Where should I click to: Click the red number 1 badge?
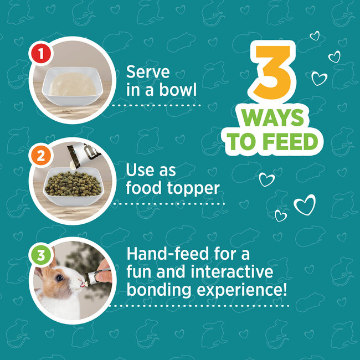click(x=41, y=53)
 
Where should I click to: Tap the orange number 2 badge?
click(x=40, y=156)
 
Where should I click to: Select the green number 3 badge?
click(x=41, y=255)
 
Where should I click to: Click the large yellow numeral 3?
click(x=272, y=73)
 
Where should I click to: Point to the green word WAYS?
click(x=272, y=117)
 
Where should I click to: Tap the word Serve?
click(x=148, y=71)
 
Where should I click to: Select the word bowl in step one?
click(x=178, y=89)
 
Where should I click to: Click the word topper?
click(x=193, y=189)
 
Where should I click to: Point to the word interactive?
click(x=232, y=271)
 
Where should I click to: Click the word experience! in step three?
click(x=242, y=291)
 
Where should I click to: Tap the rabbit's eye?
click(x=59, y=278)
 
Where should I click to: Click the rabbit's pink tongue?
click(x=82, y=285)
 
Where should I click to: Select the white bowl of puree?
click(x=73, y=86)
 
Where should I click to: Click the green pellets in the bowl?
click(x=73, y=184)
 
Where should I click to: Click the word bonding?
click(x=159, y=290)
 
